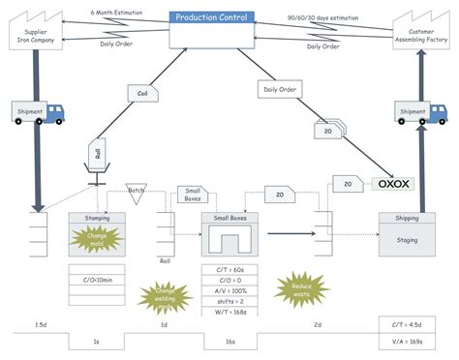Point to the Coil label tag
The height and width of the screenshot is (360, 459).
click(143, 93)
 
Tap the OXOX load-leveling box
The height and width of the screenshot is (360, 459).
click(394, 182)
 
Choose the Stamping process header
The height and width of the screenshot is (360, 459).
click(97, 219)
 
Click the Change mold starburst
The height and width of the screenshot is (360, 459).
click(98, 238)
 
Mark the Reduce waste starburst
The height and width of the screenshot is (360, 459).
click(295, 285)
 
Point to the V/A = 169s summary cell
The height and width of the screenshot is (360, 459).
click(413, 340)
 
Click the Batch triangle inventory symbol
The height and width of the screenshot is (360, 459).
click(137, 193)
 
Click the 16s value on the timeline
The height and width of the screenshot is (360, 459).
click(230, 342)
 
